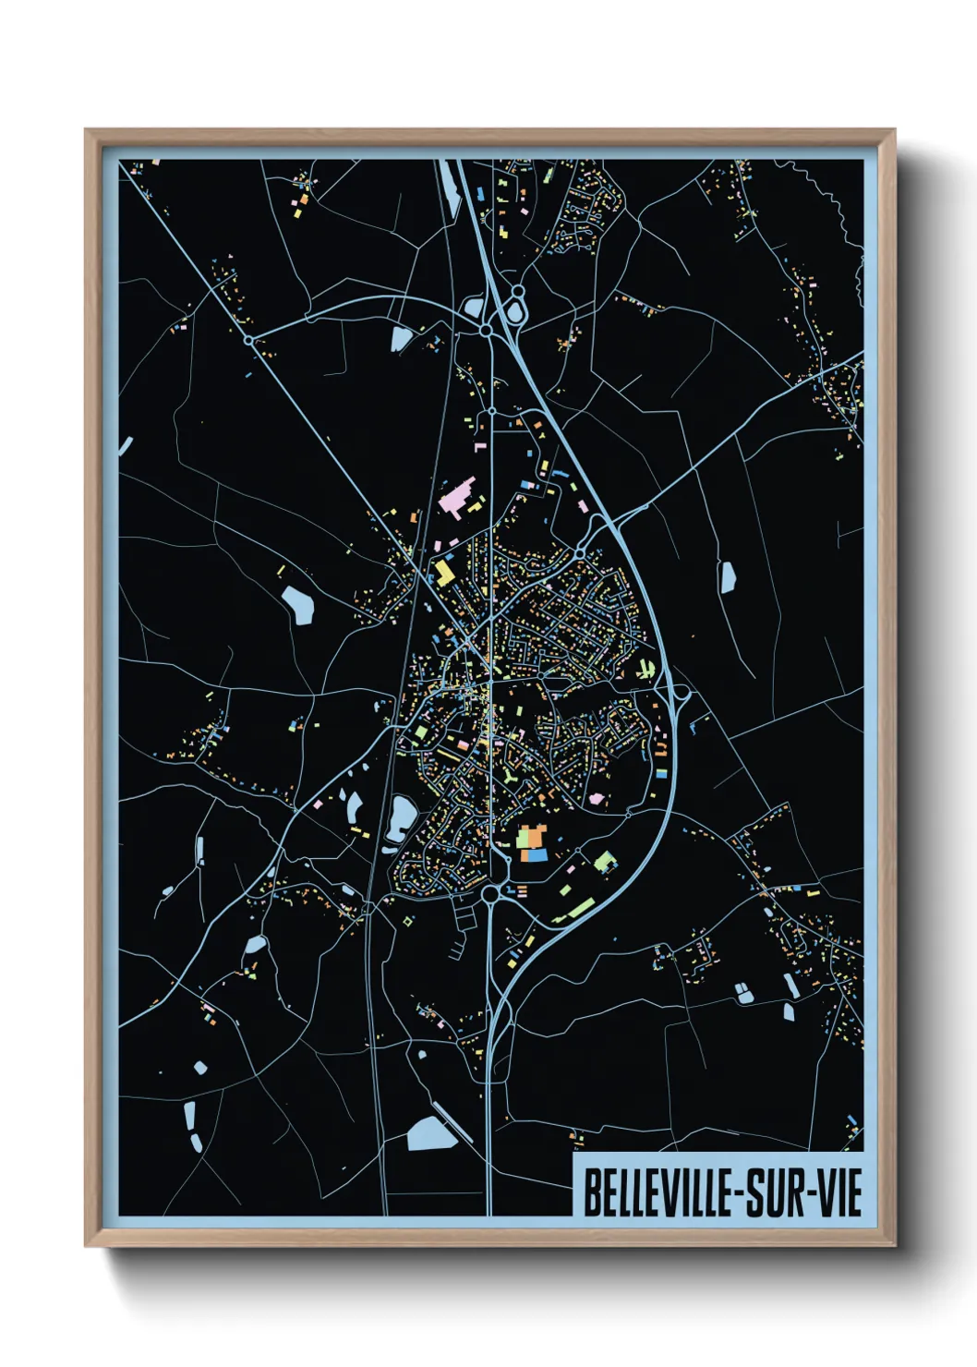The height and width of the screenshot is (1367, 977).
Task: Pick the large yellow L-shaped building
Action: click(x=445, y=572)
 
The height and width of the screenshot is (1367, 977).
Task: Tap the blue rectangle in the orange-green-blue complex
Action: click(x=534, y=855)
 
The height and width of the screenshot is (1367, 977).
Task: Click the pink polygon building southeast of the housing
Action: click(x=597, y=797)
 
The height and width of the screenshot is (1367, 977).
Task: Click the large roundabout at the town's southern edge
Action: click(x=490, y=893)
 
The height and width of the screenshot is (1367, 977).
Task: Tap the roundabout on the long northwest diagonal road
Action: click(x=248, y=340)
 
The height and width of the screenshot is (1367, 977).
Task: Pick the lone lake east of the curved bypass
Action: click(x=728, y=577)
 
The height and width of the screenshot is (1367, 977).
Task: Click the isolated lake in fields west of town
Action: click(x=298, y=604)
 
